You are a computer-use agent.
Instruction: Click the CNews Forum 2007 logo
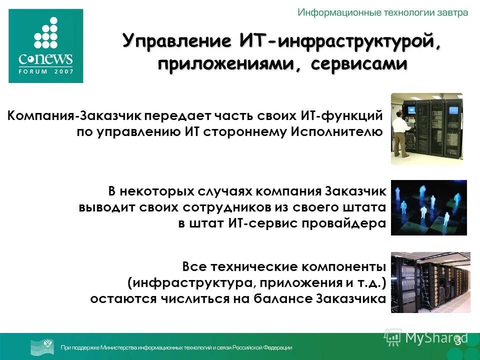coord(46,46)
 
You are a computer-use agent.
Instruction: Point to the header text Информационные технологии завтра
coord(383,12)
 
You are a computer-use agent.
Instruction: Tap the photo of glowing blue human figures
coord(428,207)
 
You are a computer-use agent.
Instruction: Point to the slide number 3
coord(457,340)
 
